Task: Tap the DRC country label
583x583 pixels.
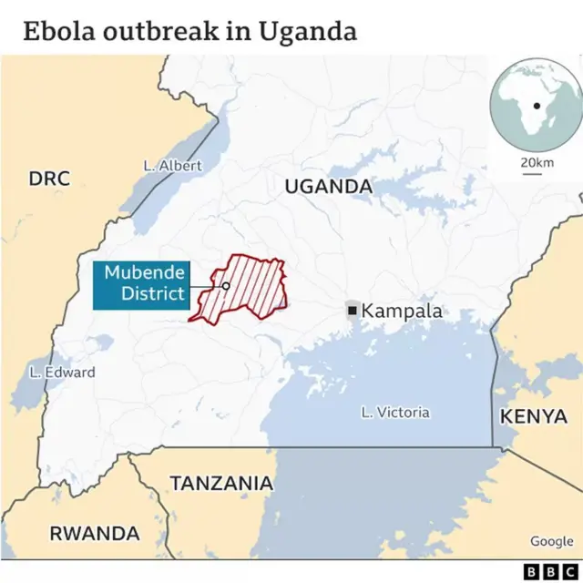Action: pyautogui.click(x=49, y=178)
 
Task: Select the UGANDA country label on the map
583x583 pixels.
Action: pyautogui.click(x=329, y=187)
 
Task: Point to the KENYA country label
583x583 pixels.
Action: pyautogui.click(x=534, y=416)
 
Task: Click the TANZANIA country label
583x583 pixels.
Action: pyautogui.click(x=221, y=483)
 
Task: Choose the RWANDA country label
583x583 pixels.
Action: pyautogui.click(x=95, y=533)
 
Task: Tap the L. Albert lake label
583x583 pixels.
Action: pyautogui.click(x=173, y=166)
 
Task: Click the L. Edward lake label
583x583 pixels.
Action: pyautogui.click(x=62, y=372)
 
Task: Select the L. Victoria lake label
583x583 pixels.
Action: pyautogui.click(x=394, y=413)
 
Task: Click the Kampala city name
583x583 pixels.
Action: pyautogui.click(x=402, y=311)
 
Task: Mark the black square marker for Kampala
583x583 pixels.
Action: pyautogui.click(x=353, y=311)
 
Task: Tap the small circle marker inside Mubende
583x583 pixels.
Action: pyautogui.click(x=226, y=285)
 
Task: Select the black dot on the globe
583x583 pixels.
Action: pyautogui.click(x=537, y=106)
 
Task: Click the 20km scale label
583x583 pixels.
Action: pyautogui.click(x=537, y=162)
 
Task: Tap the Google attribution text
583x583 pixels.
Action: pyautogui.click(x=552, y=541)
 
